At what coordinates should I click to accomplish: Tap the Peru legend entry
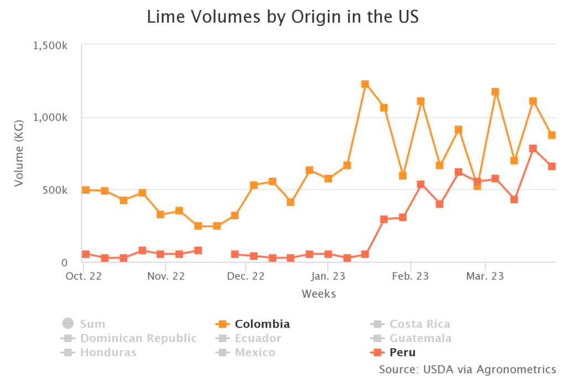coord(394,353)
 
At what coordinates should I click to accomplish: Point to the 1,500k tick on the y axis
coord(50,45)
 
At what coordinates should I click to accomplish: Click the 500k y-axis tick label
coord(56,190)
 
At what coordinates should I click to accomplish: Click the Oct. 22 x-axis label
coord(84,276)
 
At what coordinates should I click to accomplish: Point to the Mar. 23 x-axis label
coord(484,276)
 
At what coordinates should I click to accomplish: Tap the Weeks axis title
coord(318,294)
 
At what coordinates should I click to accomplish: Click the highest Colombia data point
coord(365,84)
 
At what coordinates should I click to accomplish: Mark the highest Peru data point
coord(533,148)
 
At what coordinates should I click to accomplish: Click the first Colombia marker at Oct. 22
coord(86,190)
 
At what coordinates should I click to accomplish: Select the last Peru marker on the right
coord(552,167)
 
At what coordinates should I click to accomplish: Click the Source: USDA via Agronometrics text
coord(467,369)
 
